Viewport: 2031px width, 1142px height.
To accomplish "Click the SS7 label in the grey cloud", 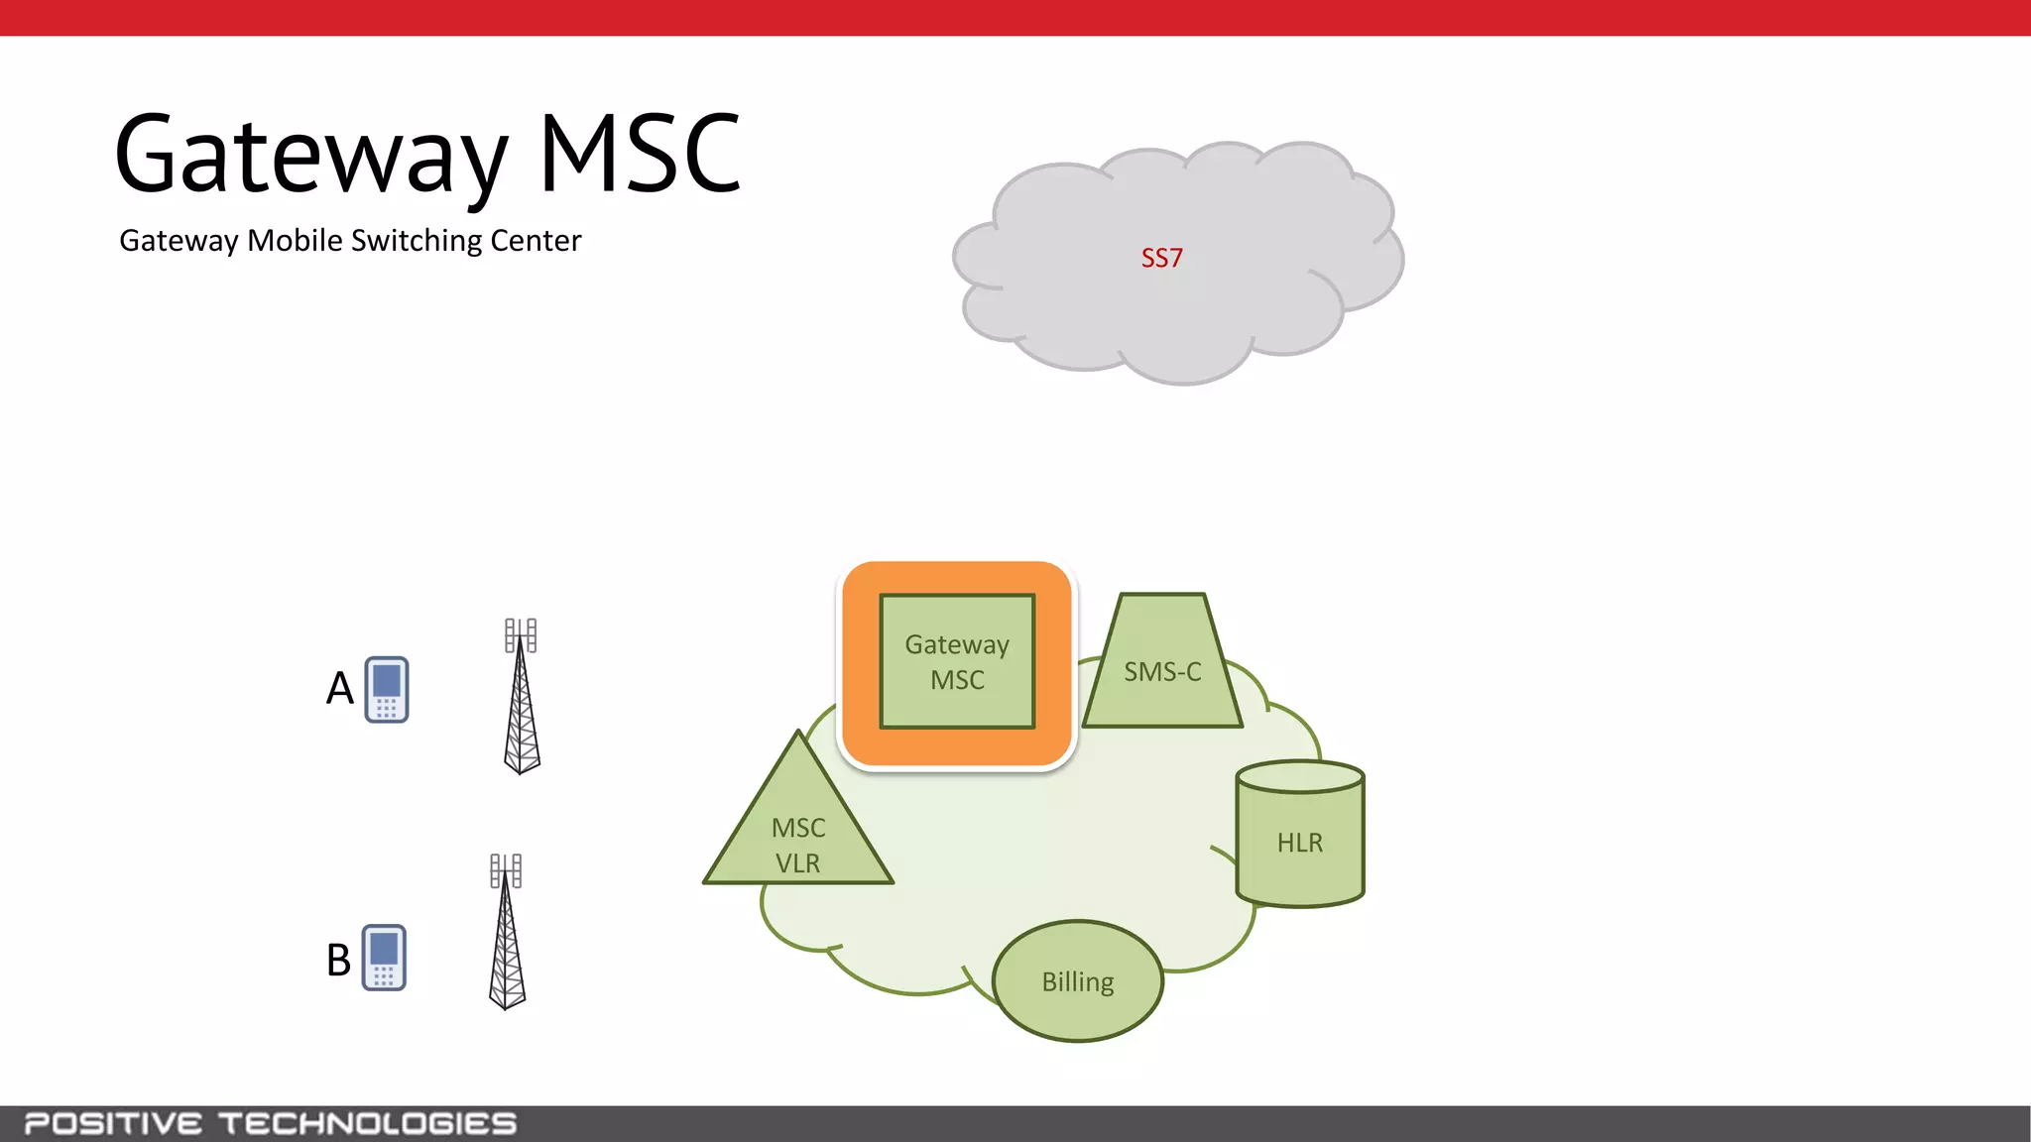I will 1161,259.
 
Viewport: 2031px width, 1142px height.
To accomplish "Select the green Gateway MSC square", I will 957,661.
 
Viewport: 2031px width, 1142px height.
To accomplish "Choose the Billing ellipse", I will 1078,981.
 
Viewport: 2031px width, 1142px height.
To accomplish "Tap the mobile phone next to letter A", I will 387,690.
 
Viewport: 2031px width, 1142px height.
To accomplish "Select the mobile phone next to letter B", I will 384,958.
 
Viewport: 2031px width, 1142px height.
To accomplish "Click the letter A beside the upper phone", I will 340,688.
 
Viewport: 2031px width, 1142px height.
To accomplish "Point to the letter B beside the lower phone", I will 339,961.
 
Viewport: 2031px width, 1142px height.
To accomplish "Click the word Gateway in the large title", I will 311,157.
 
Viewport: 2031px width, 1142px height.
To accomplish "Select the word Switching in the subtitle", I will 417,241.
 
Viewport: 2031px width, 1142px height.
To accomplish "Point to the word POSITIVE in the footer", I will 113,1124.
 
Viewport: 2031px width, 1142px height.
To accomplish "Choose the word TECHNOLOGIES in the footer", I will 368,1124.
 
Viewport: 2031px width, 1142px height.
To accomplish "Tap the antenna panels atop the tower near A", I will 521,635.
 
